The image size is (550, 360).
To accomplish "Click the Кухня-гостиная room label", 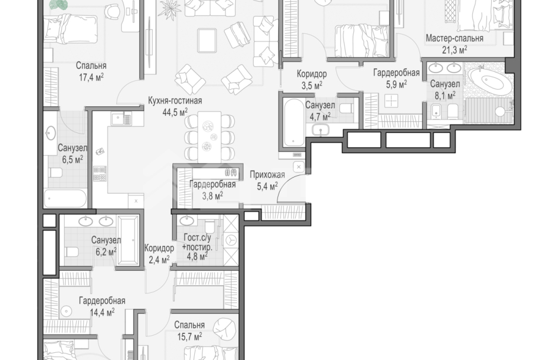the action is (x=175, y=101).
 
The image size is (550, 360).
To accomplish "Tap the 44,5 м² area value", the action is (x=175, y=112).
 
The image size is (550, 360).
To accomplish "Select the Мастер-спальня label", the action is (x=454, y=38).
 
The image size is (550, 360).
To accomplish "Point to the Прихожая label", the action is (x=267, y=175).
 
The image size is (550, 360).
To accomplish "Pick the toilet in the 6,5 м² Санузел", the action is (x=55, y=173).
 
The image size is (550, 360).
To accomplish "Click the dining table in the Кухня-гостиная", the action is (x=210, y=137).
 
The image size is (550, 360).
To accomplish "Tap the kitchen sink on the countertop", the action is (x=121, y=119).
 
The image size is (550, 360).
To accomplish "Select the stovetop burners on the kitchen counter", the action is (x=100, y=173).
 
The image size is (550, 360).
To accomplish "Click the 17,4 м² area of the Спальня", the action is (x=91, y=77).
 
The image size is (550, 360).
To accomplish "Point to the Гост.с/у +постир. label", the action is (x=197, y=243).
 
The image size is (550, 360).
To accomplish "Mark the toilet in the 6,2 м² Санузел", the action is (x=71, y=252).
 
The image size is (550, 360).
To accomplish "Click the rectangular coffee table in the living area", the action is (x=207, y=41).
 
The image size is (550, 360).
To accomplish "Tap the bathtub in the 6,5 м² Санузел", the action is (x=65, y=198).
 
